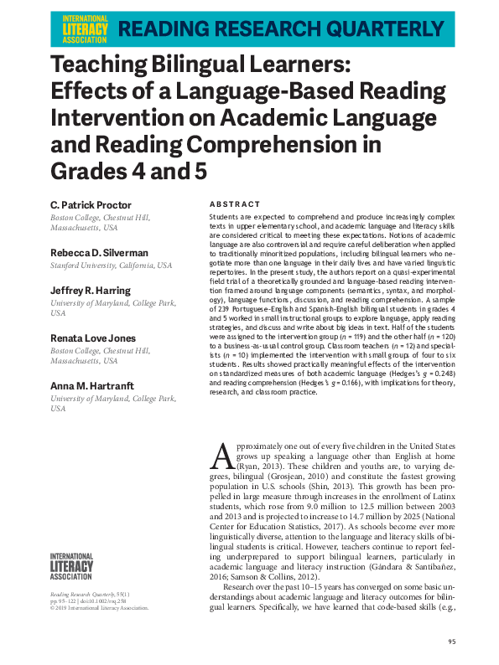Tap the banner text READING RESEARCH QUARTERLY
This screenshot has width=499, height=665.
click(286, 28)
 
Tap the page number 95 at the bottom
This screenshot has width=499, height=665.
click(451, 643)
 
